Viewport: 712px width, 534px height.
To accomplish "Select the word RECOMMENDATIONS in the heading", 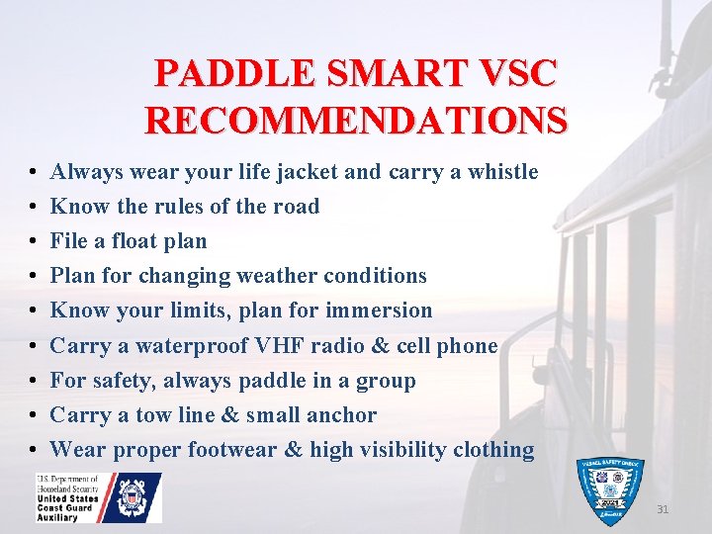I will (x=356, y=120).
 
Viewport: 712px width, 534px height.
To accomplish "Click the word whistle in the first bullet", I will (x=502, y=172).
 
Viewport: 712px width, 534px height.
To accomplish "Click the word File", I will (x=70, y=241).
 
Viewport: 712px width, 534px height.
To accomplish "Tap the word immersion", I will (x=380, y=311).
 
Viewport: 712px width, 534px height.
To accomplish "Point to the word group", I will (x=384, y=381).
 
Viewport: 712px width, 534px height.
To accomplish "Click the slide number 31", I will (x=662, y=510).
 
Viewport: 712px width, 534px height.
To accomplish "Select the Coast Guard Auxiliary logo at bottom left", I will (x=99, y=497).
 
